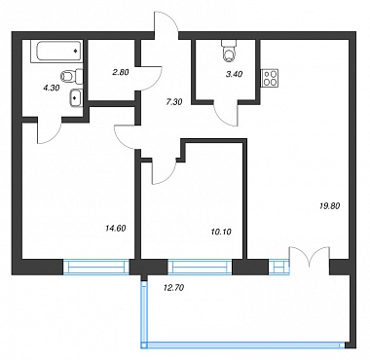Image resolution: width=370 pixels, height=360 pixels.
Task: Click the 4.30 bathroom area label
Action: tap(51, 88)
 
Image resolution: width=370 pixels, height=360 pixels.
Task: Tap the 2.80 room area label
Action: tap(121, 72)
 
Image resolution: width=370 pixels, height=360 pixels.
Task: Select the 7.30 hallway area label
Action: tap(174, 102)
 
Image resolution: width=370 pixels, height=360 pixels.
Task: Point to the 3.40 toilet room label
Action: tap(234, 74)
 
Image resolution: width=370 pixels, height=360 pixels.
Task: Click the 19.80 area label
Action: tap(330, 205)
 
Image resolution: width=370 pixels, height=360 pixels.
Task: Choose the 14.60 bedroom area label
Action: tap(116, 228)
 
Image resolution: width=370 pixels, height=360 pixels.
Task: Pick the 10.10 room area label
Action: tap(221, 232)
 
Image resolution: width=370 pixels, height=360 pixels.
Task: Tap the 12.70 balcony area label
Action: tap(174, 287)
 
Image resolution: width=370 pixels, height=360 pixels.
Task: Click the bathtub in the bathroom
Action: tap(56, 51)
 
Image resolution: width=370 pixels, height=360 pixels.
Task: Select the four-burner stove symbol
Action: tap(271, 78)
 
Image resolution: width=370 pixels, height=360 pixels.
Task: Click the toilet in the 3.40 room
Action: tap(230, 52)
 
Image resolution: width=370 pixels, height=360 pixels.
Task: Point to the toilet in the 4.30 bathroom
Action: tap(72, 76)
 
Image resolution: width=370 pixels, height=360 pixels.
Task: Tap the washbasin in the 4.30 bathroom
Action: tap(76, 96)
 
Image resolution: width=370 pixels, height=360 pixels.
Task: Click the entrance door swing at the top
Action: tap(166, 22)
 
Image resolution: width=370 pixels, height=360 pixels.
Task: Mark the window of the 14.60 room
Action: tap(96, 267)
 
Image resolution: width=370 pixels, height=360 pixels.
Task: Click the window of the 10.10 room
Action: tap(200, 267)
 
